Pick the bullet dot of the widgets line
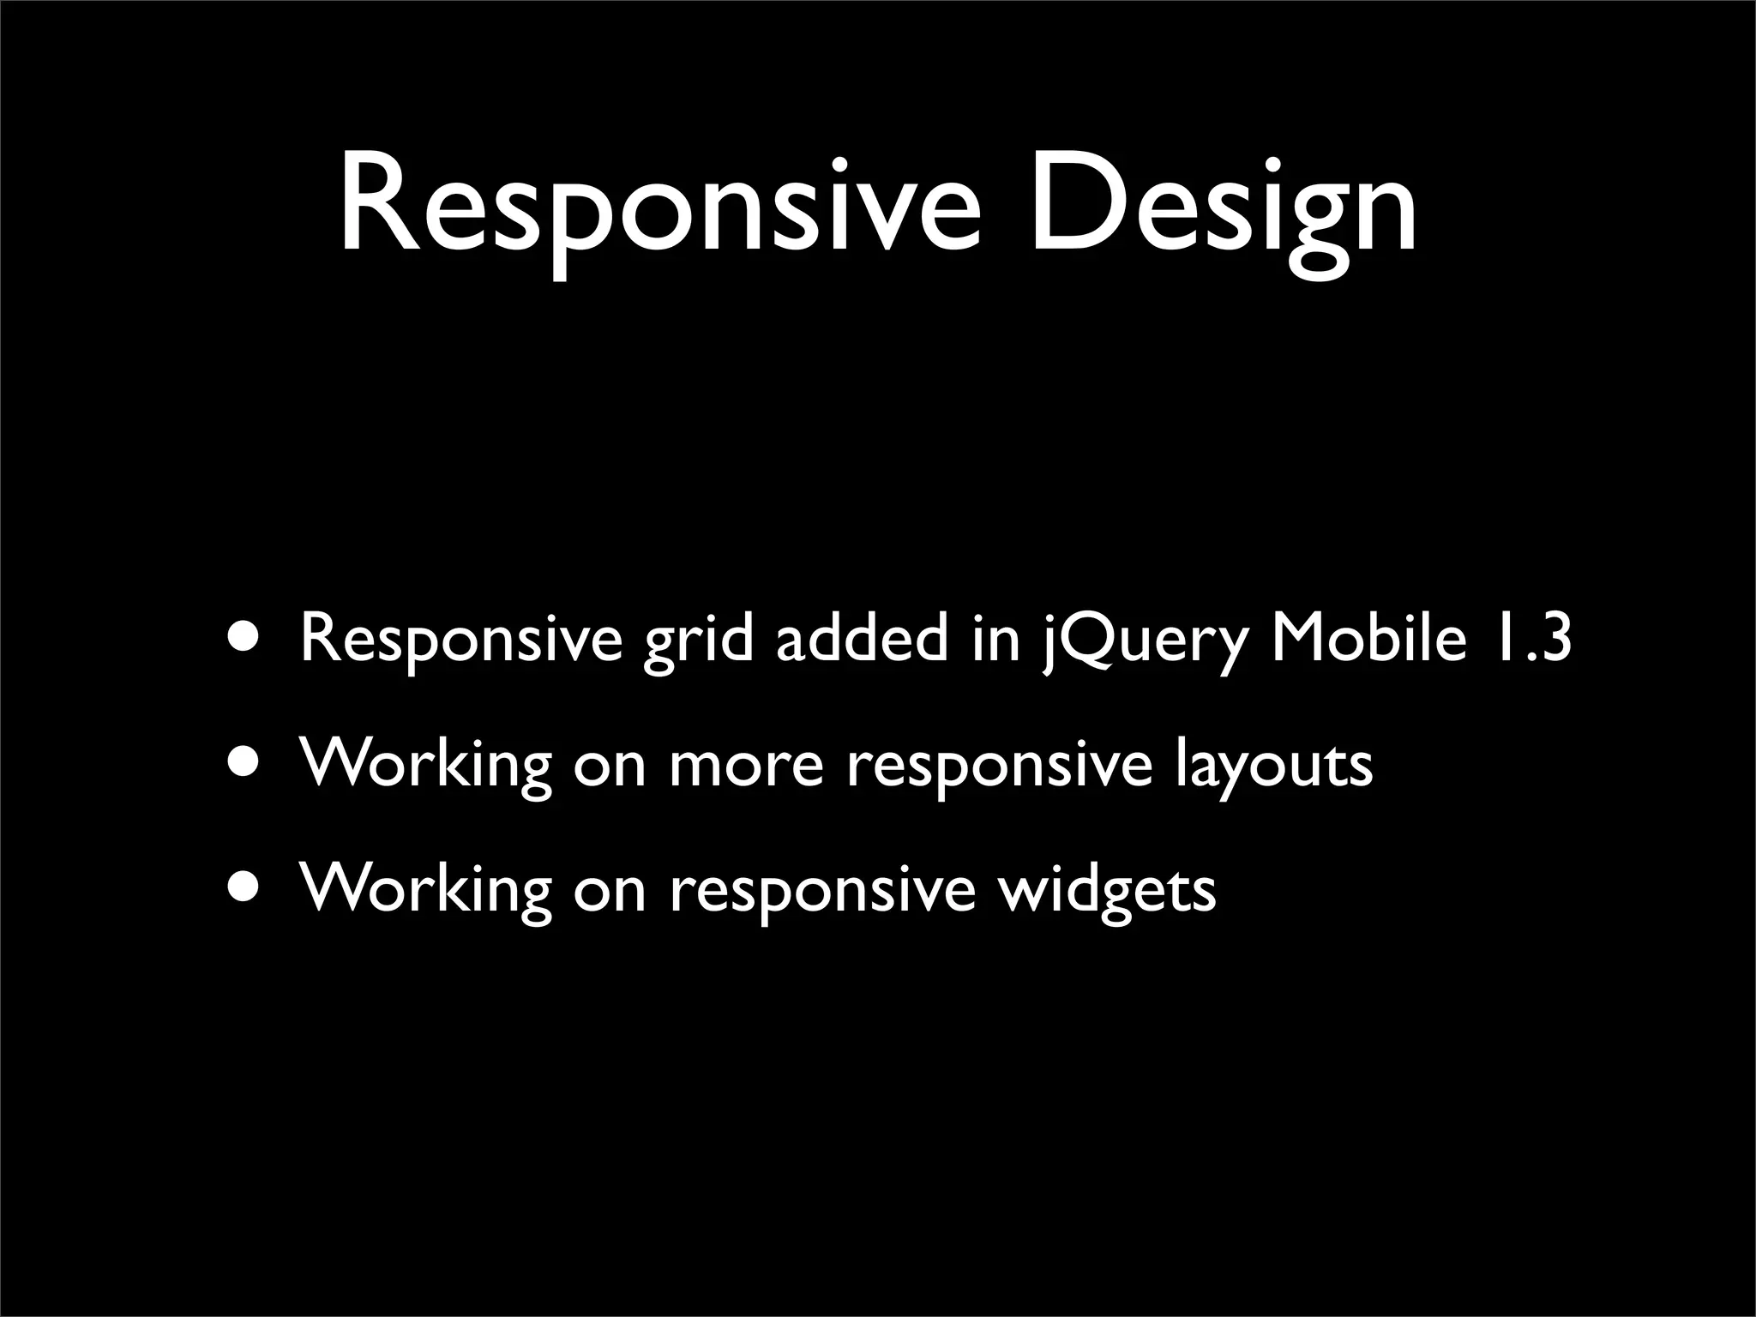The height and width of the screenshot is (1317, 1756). pos(246,887)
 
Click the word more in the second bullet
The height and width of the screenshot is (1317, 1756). pos(745,766)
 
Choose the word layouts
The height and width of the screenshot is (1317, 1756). pos(1273,766)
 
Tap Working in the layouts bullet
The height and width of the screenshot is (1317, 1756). pos(425,765)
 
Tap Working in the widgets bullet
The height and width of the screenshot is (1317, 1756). pos(425,889)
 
